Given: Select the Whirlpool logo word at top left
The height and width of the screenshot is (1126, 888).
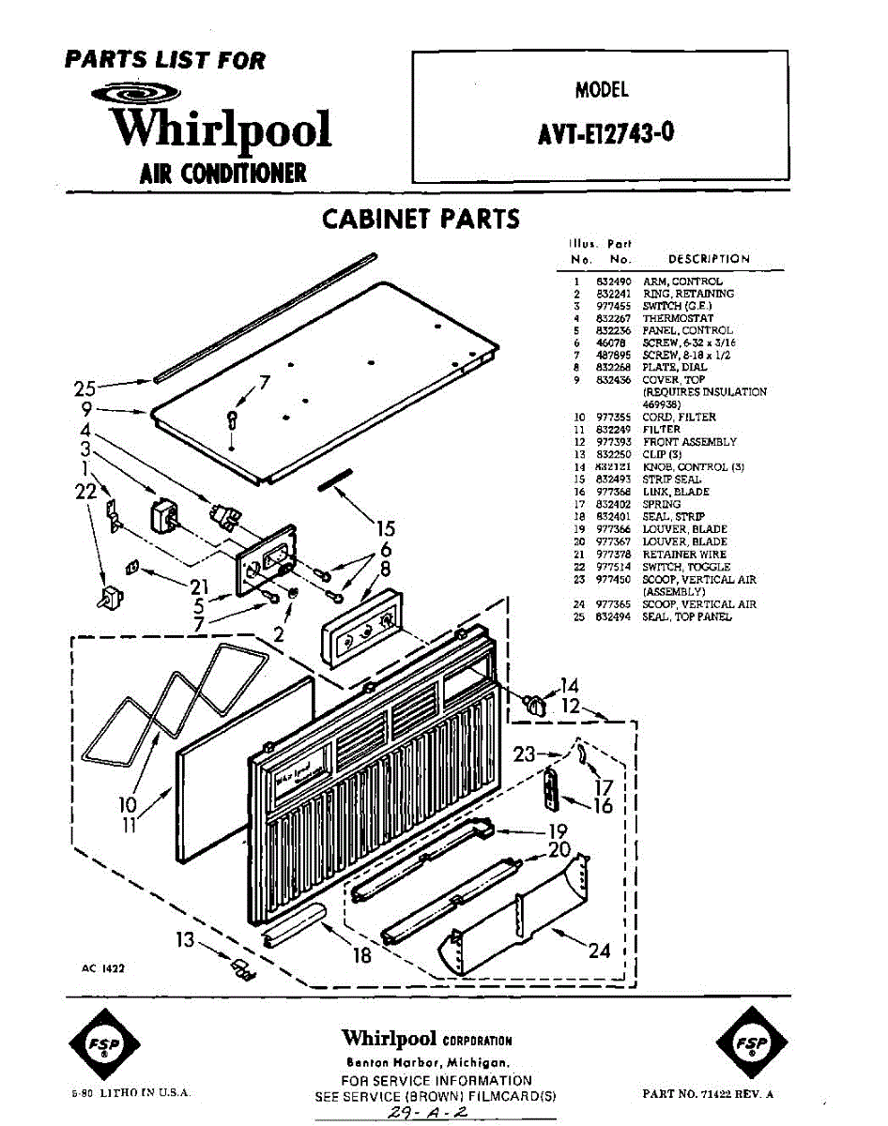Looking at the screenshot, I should click(x=222, y=129).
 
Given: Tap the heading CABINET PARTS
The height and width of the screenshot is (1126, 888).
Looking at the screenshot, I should click(x=421, y=220).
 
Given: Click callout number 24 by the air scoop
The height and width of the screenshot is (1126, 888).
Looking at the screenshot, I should click(x=599, y=951).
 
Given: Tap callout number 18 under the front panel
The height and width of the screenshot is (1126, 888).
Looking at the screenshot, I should click(x=361, y=955).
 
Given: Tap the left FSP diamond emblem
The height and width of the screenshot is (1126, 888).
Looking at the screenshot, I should click(x=105, y=1044).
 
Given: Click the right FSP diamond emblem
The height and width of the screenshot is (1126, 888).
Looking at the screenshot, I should click(x=750, y=1044).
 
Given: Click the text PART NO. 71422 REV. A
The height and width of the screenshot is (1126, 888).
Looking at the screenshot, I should click(x=708, y=1094).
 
